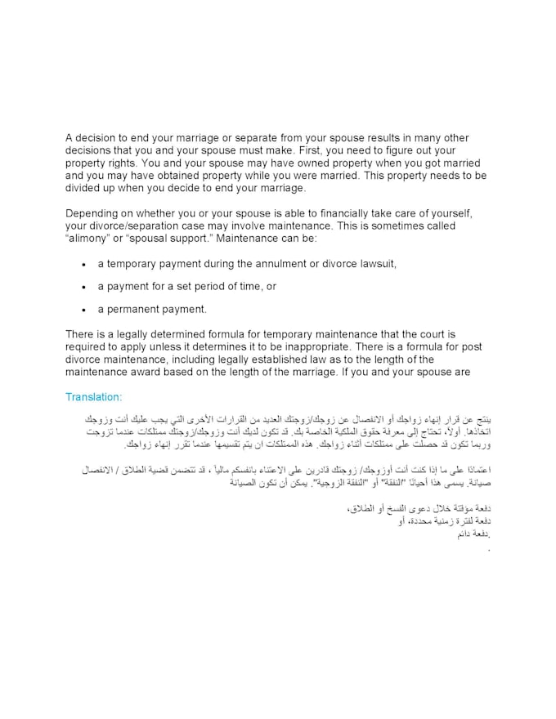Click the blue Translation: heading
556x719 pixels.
coord(93,397)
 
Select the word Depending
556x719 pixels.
coord(93,213)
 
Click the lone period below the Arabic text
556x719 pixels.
coord(488,549)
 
